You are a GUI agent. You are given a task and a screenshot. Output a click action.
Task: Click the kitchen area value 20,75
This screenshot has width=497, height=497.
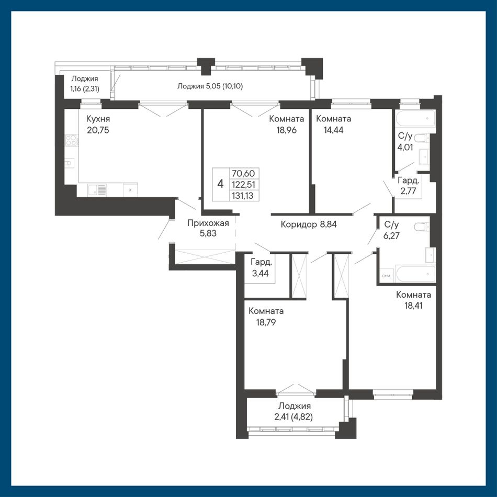pos(98,130)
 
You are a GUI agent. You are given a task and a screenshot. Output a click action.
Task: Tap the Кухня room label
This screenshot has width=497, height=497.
pos(98,119)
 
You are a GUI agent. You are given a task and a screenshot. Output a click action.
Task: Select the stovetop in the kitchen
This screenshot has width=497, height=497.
pos(72,140)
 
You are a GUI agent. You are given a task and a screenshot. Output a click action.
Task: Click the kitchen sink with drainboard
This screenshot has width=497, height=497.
pos(98,190)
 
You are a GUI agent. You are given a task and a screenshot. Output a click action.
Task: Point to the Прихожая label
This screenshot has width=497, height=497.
pos(208,223)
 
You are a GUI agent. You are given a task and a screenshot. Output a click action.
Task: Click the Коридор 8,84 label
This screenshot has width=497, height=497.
pos(309,224)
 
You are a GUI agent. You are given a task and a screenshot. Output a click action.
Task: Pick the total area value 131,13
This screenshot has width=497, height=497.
pos(243,196)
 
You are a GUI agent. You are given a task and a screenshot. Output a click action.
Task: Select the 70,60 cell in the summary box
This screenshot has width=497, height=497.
pos(243,173)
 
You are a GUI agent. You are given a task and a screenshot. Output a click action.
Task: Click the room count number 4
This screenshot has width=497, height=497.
pos(221,184)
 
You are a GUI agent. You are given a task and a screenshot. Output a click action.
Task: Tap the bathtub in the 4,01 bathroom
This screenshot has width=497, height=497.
pos(415,119)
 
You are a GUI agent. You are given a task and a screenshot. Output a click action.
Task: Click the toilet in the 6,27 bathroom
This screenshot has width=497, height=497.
pos(422,227)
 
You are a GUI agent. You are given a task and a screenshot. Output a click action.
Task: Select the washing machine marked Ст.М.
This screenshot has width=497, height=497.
pos(387,276)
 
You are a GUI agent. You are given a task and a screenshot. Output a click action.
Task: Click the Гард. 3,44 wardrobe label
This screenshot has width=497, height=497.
pos(261,268)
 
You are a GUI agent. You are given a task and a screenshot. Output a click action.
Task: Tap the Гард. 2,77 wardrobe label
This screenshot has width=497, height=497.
pos(408,186)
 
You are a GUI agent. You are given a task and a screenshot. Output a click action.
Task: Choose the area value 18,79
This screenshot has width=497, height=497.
pos(266,322)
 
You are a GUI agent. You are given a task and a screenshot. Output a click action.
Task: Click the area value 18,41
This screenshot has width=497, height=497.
pos(413,306)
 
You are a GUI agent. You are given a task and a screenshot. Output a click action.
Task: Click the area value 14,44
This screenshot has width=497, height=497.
pos(333,130)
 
